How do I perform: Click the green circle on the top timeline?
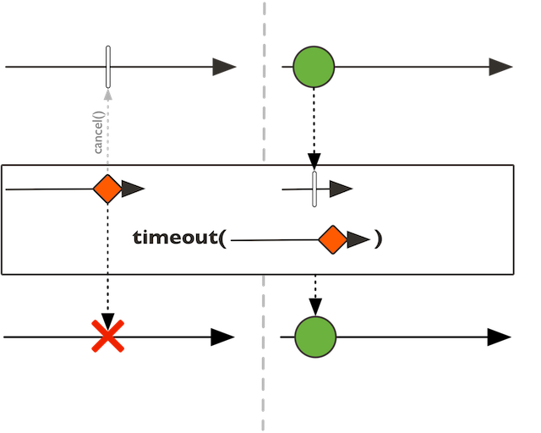[314, 68]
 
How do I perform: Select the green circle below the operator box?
[315, 337]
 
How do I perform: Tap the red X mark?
[108, 336]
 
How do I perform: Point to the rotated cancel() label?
[98, 133]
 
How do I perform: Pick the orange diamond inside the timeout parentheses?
[332, 240]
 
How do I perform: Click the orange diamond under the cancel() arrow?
[108, 189]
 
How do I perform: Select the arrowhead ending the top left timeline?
[224, 68]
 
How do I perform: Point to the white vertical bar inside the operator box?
[314, 189]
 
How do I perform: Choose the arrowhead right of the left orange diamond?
[134, 189]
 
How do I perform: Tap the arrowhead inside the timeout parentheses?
[358, 240]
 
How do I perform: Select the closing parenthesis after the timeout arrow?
[379, 239]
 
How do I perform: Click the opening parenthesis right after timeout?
[222, 239]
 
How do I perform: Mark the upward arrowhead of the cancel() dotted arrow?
[108, 94]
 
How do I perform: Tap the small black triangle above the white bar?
[314, 167]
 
